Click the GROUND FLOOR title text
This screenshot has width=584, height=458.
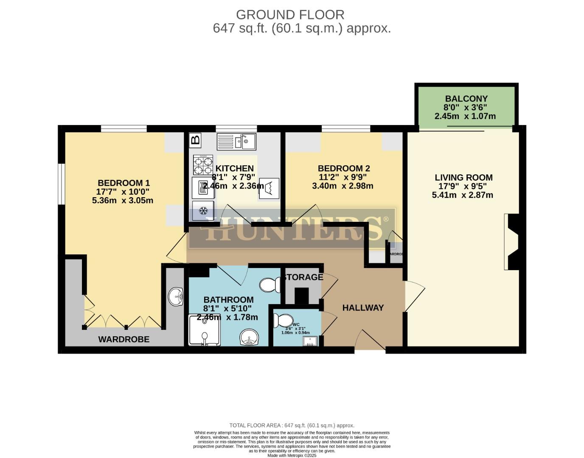290,15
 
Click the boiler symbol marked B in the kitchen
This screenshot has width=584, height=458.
195,140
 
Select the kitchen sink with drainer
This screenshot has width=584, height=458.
236,142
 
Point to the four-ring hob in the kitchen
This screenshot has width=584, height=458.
203,165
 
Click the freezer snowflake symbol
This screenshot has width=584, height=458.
203,211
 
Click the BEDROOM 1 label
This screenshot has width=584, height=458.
124,183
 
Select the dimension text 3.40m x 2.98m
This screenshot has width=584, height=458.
343,186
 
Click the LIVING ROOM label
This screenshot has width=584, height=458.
463,178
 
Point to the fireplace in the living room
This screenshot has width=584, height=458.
512,242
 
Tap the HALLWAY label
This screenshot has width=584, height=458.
363,308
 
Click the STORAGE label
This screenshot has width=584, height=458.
303,277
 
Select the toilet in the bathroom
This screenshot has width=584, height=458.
269,285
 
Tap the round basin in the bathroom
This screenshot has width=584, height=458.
250,337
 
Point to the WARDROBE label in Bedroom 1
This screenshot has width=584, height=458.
124,339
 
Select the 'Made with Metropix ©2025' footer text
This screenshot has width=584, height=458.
292,455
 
